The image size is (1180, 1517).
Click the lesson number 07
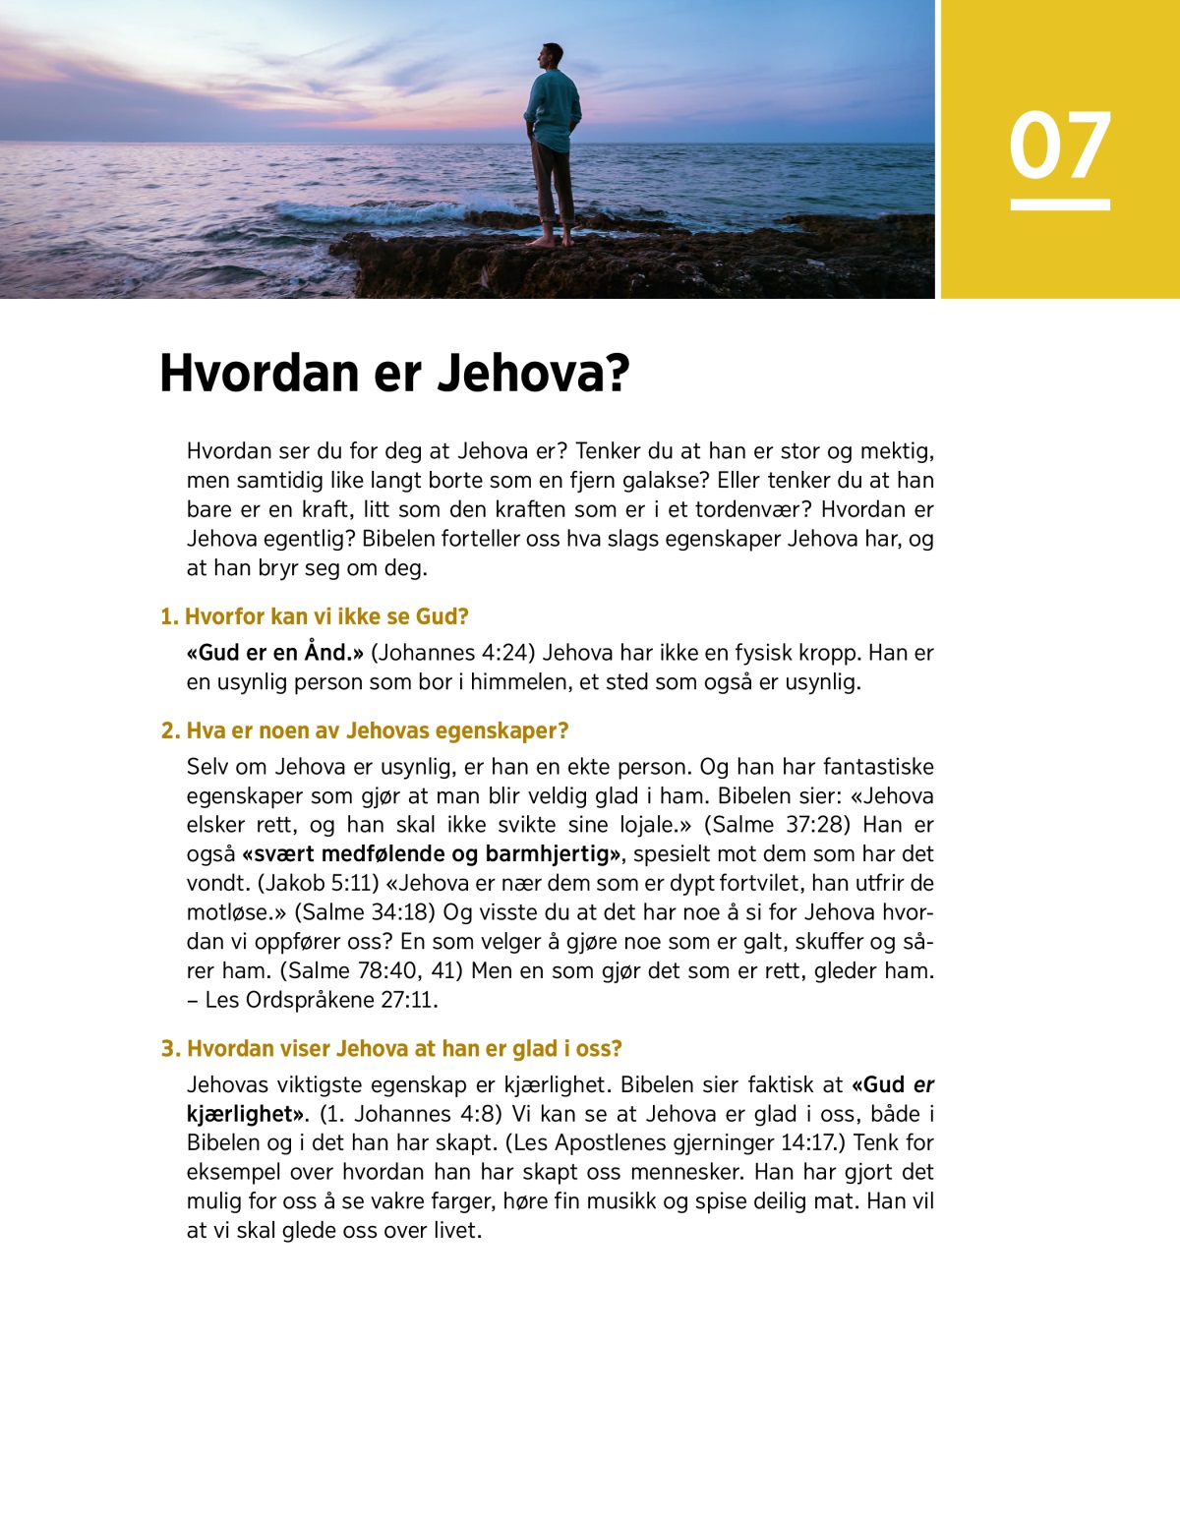tap(1059, 146)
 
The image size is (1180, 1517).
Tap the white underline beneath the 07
tap(1060, 204)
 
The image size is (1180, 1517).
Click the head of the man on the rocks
tap(553, 55)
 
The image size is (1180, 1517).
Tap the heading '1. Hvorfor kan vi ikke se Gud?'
tap(315, 616)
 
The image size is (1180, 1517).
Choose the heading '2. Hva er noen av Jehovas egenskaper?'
tap(365, 730)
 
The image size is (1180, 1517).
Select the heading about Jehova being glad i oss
tap(391, 1048)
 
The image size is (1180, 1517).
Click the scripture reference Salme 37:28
tap(777, 824)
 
